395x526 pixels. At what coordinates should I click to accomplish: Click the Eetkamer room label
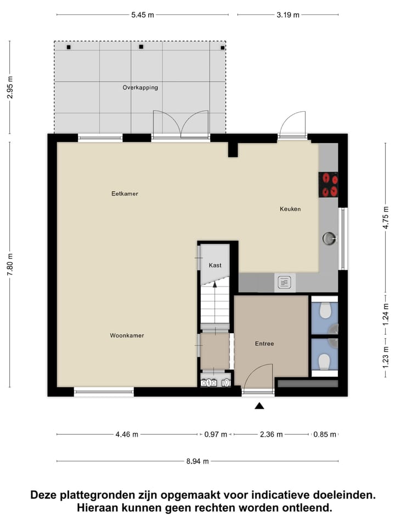(x=125, y=193)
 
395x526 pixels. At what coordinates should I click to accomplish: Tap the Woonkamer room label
(x=127, y=335)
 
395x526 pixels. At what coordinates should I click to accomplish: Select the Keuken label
(x=290, y=209)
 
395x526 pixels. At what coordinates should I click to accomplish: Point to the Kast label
(x=215, y=265)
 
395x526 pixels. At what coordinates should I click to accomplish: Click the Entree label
(x=264, y=344)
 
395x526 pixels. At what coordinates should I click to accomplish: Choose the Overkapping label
(x=140, y=87)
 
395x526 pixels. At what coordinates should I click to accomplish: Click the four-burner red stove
(x=329, y=184)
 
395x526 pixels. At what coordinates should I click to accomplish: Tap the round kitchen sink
(x=329, y=238)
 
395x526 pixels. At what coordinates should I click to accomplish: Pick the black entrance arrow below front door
(x=259, y=405)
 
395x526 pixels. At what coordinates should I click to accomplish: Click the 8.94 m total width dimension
(x=198, y=461)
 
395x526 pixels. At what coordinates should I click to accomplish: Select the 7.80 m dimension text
(x=10, y=265)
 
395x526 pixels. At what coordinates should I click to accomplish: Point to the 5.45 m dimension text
(x=143, y=15)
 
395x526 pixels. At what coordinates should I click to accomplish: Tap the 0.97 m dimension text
(x=216, y=434)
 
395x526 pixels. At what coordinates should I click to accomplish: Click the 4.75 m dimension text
(x=386, y=224)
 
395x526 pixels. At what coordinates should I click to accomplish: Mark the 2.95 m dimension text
(x=10, y=87)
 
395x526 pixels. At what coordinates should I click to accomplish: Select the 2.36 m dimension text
(x=271, y=434)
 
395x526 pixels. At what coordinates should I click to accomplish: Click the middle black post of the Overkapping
(x=141, y=47)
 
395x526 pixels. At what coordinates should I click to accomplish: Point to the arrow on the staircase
(x=215, y=284)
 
